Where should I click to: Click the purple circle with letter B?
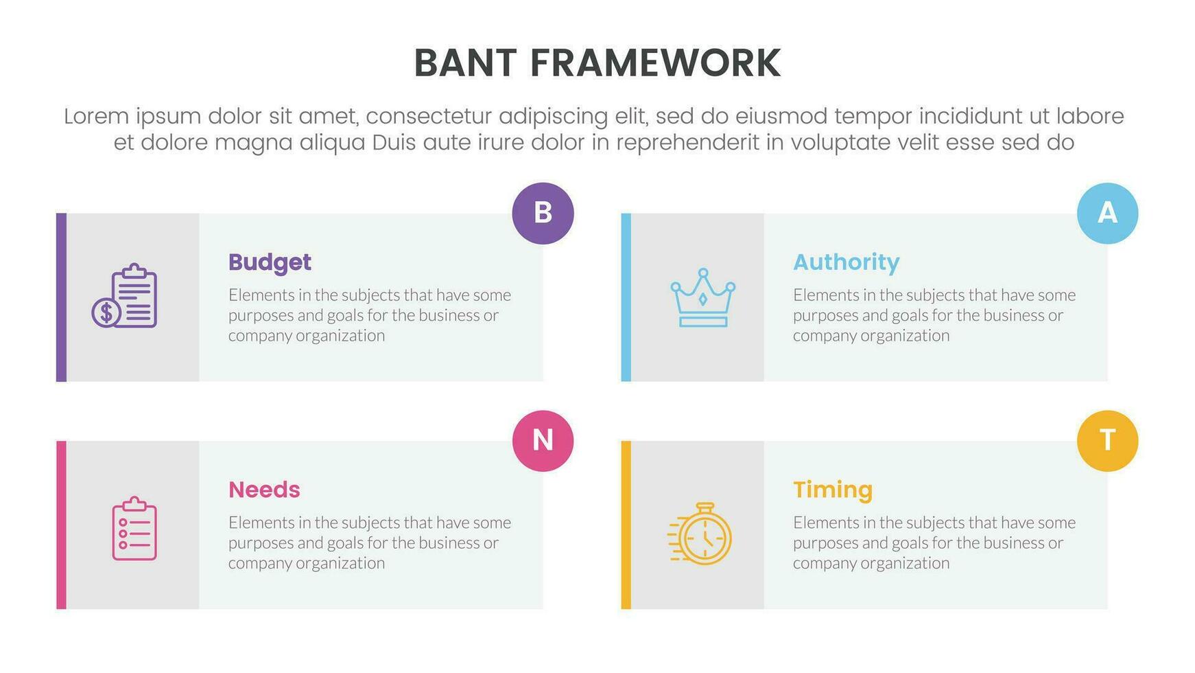(x=543, y=213)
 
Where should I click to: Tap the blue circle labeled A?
(x=1107, y=213)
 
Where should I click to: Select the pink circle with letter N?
(x=543, y=441)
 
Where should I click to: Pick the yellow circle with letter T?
(x=1107, y=441)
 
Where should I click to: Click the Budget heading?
(x=270, y=262)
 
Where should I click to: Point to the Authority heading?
(x=846, y=262)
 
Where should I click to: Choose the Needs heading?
(x=264, y=490)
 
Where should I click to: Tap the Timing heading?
(x=833, y=490)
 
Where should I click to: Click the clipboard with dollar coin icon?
(x=124, y=295)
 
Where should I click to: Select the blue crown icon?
(x=702, y=297)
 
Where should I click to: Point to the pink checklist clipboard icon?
(x=134, y=528)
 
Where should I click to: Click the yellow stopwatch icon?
(x=700, y=534)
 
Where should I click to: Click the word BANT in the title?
(x=465, y=63)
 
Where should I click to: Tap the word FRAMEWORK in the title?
(x=655, y=63)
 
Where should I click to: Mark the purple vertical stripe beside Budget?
(x=61, y=297)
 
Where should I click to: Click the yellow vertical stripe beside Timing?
(x=626, y=525)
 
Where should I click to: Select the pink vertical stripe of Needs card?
(x=61, y=525)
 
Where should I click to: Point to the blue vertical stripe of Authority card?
(x=626, y=297)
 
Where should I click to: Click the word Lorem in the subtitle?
(x=96, y=116)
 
